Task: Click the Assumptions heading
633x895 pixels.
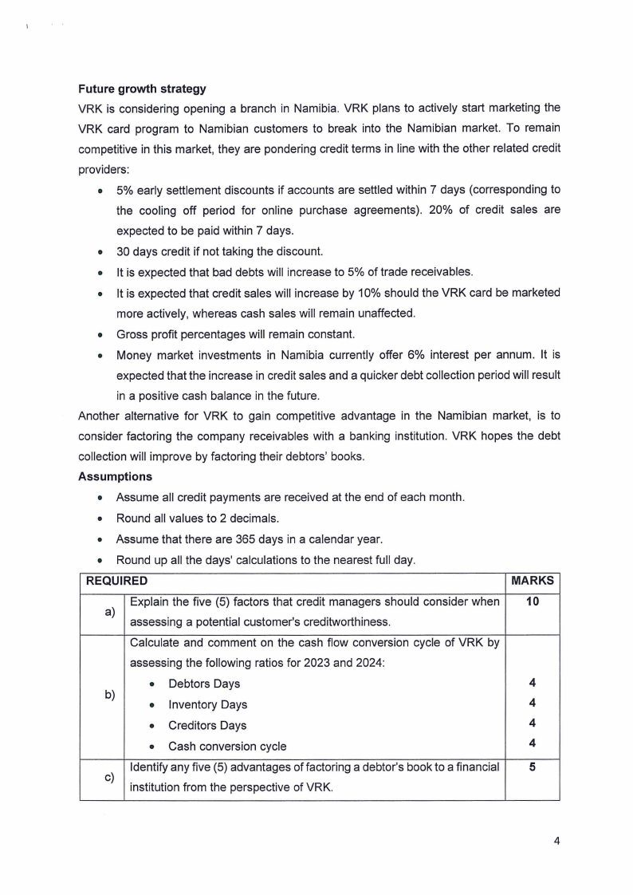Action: click(115, 476)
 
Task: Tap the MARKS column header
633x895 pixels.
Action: click(532, 582)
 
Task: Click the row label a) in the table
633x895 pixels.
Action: click(102, 612)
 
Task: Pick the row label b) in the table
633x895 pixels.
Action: click(102, 694)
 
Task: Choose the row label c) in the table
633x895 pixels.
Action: click(102, 778)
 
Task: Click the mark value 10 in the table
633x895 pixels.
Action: click(532, 601)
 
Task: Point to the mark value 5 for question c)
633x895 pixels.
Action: click(532, 767)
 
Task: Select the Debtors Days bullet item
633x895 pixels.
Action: click(203, 684)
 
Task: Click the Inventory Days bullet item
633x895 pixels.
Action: click(207, 704)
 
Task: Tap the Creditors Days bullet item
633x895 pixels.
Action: click(207, 725)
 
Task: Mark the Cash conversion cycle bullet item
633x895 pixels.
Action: click(227, 747)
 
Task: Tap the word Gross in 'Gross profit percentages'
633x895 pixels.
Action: click(133, 333)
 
